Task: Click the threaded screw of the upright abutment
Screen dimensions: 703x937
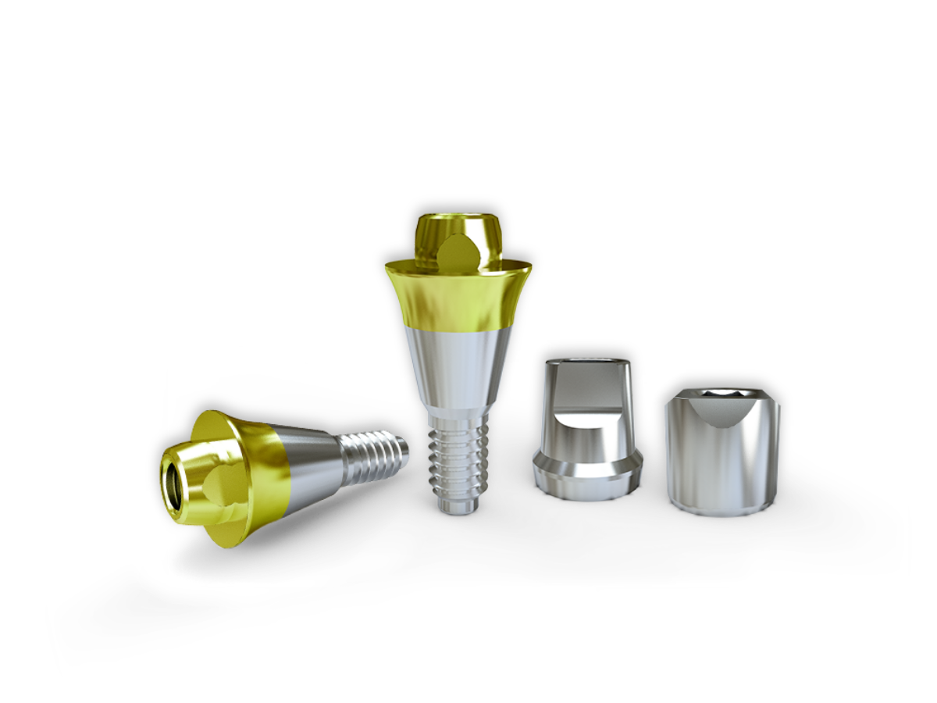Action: coord(459,457)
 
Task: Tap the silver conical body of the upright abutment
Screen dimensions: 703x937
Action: coord(459,363)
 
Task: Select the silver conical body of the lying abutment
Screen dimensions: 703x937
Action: coord(312,467)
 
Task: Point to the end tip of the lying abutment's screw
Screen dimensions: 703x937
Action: coord(404,450)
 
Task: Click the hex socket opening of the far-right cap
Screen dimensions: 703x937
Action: coord(722,393)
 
